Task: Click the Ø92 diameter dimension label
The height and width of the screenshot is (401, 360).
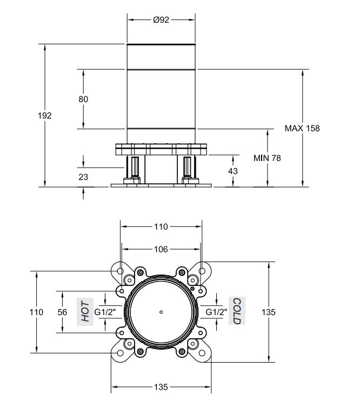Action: coord(161,19)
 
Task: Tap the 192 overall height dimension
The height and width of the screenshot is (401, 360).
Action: coord(45,116)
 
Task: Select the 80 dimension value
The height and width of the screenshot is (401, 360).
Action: coord(83,99)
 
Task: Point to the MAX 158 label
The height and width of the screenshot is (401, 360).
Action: coord(302,128)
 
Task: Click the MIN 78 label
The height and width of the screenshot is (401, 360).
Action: coord(267,158)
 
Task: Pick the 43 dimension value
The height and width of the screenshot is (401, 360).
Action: coord(233,171)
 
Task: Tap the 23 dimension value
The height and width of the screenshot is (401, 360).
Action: coord(83,177)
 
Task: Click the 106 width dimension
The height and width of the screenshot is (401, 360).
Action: coord(161,249)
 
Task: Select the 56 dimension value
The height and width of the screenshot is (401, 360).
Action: coord(62,312)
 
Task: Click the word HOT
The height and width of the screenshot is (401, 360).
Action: coord(85,311)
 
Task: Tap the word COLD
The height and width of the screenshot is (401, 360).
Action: coord(237,311)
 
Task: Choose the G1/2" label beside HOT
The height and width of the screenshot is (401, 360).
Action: coord(105,312)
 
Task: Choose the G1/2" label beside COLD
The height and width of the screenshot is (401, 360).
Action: coord(216,312)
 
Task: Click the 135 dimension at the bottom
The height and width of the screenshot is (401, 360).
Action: coord(161,387)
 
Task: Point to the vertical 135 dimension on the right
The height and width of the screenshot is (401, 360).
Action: coord(269,312)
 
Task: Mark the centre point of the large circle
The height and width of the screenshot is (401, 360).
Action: coord(161,312)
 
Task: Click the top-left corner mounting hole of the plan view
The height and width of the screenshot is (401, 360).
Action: coord(120,271)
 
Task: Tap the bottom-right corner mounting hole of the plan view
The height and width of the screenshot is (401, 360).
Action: coord(202,353)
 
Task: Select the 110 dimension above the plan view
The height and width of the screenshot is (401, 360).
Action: coord(161,226)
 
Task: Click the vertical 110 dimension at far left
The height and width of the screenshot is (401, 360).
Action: coord(36,312)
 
